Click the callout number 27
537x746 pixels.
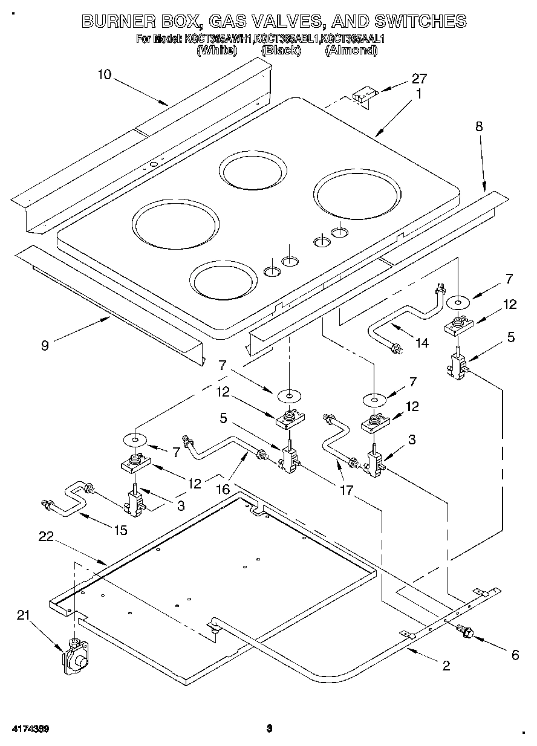(x=419, y=79)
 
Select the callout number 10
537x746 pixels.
(x=104, y=74)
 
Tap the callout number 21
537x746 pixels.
(x=23, y=615)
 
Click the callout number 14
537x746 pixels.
(x=421, y=343)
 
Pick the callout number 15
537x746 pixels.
(x=120, y=530)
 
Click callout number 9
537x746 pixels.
(x=45, y=345)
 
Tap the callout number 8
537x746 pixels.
(x=479, y=126)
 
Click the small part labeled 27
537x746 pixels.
(x=362, y=97)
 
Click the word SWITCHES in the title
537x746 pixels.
(x=420, y=21)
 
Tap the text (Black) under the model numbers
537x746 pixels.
(x=281, y=51)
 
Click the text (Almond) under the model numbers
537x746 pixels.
(x=351, y=51)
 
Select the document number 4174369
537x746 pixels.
(x=29, y=728)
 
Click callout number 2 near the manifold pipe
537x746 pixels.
(x=446, y=666)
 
